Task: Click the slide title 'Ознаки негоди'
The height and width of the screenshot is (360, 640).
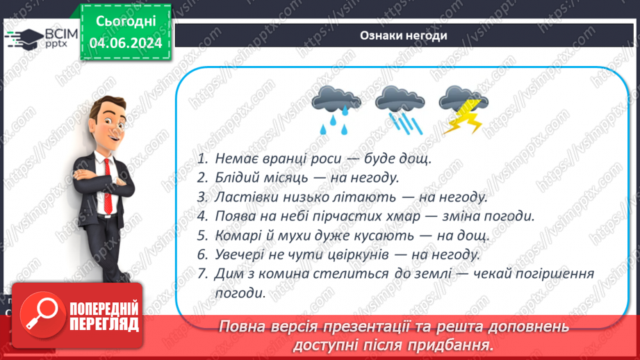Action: [403, 36]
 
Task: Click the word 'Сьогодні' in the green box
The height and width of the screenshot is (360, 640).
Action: [126, 22]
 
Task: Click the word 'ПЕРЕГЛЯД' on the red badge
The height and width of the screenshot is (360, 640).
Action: [104, 323]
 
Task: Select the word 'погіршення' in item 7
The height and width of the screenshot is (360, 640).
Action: [558, 274]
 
